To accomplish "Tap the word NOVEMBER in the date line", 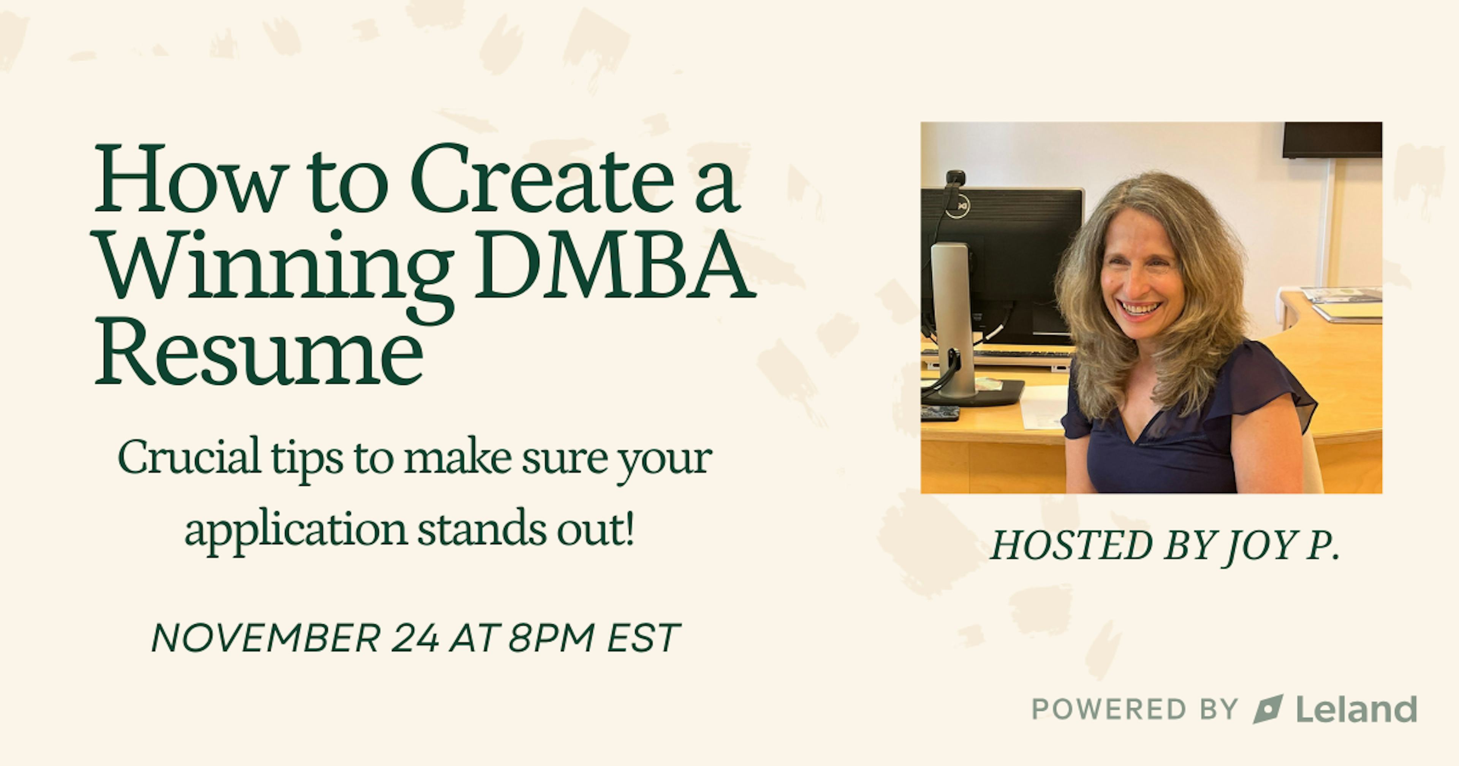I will [x=266, y=638].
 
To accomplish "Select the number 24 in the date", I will [x=415, y=638].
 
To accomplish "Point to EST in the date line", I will [x=643, y=638].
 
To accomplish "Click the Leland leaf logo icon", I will [x=1268, y=709].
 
